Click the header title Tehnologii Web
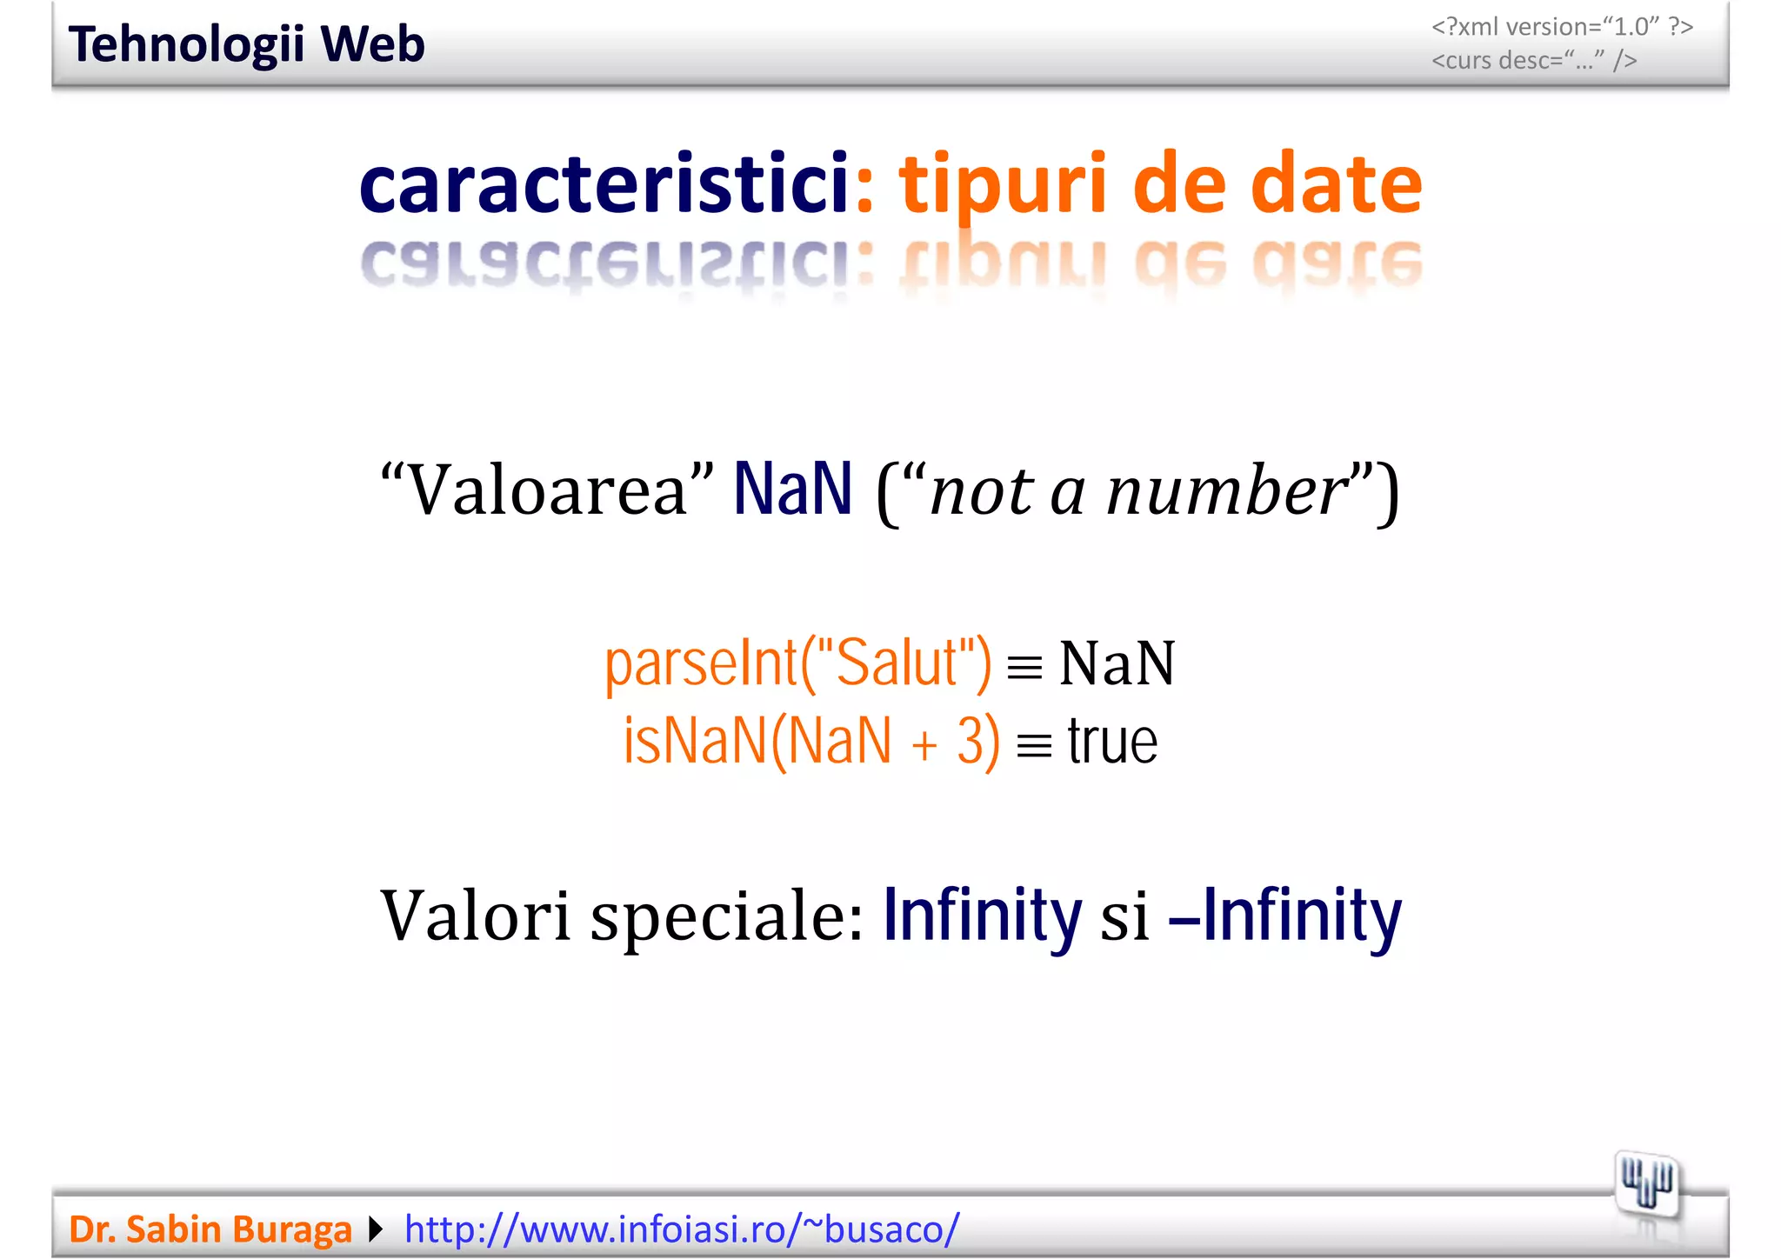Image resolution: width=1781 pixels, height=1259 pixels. coord(246,44)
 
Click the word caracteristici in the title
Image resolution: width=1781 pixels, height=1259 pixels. coord(604,183)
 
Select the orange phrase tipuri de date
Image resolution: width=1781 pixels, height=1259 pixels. coord(1160,183)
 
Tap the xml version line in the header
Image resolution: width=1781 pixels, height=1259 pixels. coord(1562,27)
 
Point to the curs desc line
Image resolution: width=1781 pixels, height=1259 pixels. coord(1534,60)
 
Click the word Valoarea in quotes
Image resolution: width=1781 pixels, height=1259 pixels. coord(547,490)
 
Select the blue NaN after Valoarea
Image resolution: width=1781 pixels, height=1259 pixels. coord(792,490)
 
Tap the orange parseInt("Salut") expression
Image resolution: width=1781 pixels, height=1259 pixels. coord(797,663)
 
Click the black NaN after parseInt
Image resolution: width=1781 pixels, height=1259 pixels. coord(1117,663)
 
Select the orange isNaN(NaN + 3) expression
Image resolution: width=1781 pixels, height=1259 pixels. coord(811,742)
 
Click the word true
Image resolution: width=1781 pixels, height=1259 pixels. coord(1112,742)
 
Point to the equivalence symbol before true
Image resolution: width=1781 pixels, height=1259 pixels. coord(1034,746)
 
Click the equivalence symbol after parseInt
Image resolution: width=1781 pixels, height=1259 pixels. coord(1024,668)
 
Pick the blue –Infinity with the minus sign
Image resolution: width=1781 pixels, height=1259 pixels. coord(1285,915)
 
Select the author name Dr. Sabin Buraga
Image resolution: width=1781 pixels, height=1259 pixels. coord(210,1229)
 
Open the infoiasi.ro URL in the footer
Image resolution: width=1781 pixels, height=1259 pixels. coord(682,1229)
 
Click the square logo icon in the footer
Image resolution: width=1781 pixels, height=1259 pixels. coord(1647,1184)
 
